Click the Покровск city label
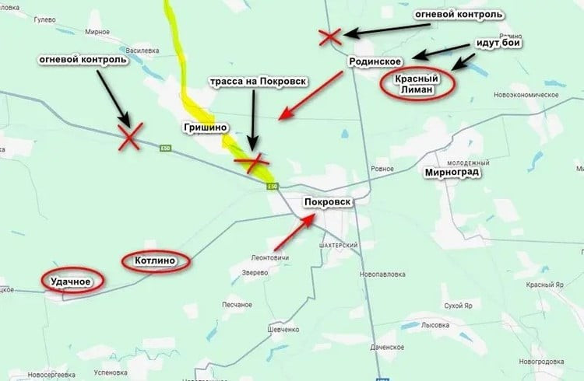coord(328,202)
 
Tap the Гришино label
coord(204,128)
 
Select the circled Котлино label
coord(157,260)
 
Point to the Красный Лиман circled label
coord(418,84)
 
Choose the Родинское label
coord(375,62)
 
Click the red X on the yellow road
coord(252,163)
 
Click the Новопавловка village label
coord(384,274)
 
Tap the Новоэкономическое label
coord(526,95)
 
